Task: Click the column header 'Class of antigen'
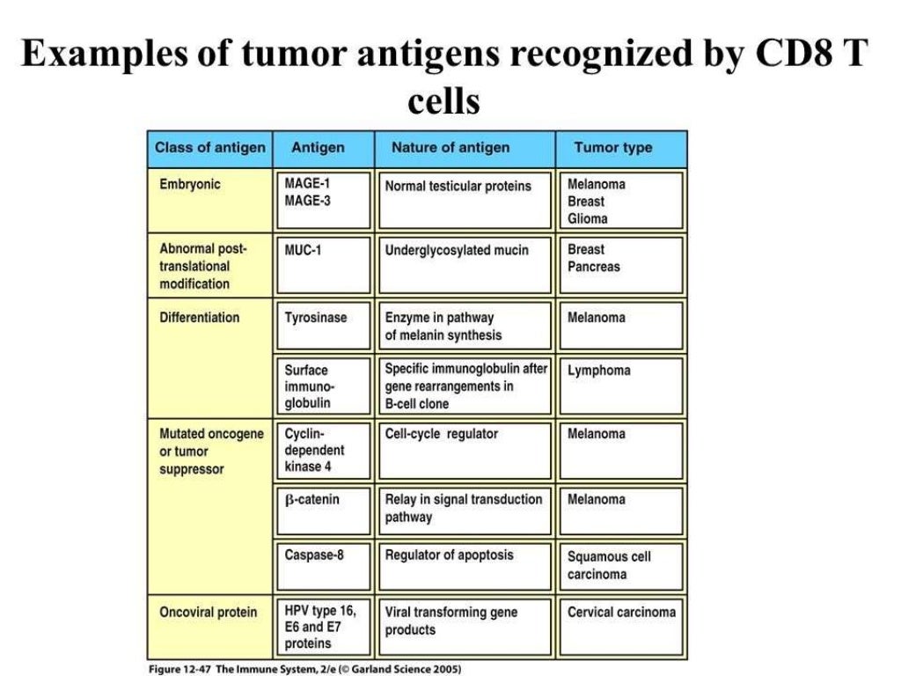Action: (209, 148)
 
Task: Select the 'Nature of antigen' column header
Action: (450, 148)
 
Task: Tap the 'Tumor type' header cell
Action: (612, 148)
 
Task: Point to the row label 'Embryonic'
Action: (190, 185)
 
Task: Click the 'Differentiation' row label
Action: (199, 318)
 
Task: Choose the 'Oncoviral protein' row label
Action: (209, 613)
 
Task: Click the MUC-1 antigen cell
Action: (322, 264)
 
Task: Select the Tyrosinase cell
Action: (322, 326)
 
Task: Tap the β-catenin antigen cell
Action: (322, 510)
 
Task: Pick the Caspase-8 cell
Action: (322, 566)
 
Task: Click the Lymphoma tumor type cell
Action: (621, 386)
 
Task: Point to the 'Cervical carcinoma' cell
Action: (621, 625)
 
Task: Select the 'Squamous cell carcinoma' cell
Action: (621, 566)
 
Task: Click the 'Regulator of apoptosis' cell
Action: (465, 566)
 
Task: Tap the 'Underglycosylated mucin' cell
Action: (465, 264)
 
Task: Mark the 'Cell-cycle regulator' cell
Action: (465, 450)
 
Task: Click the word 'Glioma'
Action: (588, 218)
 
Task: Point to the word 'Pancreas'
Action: (594, 267)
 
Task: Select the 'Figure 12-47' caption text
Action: (180, 668)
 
